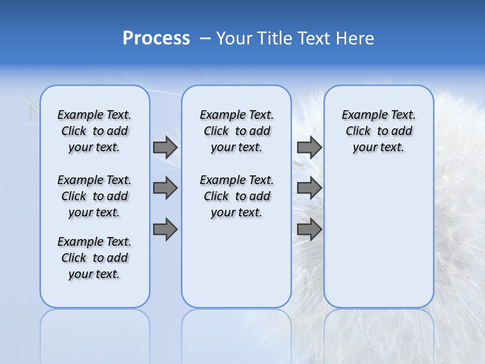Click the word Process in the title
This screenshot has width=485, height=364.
tap(156, 38)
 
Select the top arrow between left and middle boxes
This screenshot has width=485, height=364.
tap(165, 147)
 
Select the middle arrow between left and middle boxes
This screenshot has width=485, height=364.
tap(165, 188)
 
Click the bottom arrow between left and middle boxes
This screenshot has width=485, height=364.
tap(165, 230)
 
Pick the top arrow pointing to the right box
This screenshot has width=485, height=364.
tap(309, 147)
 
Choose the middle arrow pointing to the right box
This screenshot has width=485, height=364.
tap(309, 188)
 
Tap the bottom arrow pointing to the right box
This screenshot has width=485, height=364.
tap(309, 230)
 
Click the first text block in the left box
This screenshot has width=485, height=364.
tap(94, 131)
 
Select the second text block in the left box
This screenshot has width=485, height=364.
tap(94, 196)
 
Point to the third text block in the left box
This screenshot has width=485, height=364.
tap(94, 258)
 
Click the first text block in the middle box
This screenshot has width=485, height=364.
tap(236, 131)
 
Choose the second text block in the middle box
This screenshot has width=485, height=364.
tap(236, 196)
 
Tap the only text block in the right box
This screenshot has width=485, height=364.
tap(378, 131)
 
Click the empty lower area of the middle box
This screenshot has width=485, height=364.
tap(236, 263)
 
